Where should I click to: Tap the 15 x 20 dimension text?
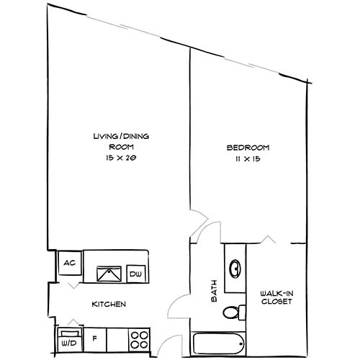[116, 157]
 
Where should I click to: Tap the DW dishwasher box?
[135, 274]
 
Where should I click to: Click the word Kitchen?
[109, 305]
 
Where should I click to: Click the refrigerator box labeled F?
[94, 336]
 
